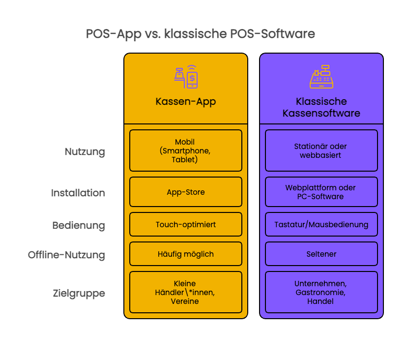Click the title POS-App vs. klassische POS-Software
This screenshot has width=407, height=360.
click(200, 34)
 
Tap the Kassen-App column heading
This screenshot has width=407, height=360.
click(186, 102)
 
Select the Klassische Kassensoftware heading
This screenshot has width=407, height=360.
click(321, 107)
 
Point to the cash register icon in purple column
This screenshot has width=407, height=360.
click(321, 77)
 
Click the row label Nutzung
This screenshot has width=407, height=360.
click(85, 151)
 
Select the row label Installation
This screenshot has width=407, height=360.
click(78, 193)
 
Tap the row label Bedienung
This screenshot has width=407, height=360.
click(79, 226)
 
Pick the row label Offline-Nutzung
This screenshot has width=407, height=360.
click(66, 255)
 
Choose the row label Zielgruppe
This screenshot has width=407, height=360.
click(79, 294)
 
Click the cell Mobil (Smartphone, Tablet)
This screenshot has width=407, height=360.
click(186, 150)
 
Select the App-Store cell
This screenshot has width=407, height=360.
click(186, 192)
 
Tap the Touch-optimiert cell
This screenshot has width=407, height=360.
click(186, 224)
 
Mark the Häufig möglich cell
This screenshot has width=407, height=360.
click(186, 254)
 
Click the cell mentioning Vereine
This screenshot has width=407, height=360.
click(186, 292)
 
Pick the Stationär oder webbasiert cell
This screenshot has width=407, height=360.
click(321, 150)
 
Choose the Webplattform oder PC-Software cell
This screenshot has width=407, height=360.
click(321, 192)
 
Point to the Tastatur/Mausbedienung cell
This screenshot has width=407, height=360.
click(321, 224)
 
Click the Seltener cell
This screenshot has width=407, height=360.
click(321, 254)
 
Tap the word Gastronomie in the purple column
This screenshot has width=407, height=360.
click(321, 292)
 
